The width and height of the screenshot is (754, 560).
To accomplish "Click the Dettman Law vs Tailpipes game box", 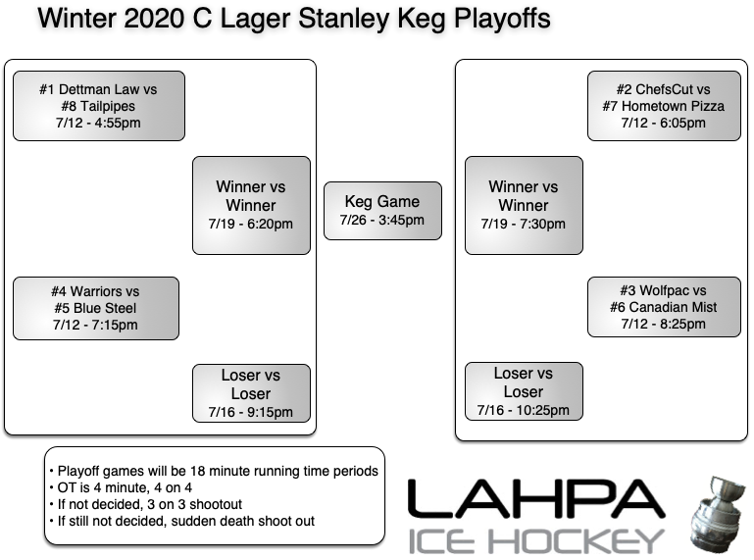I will [98, 106].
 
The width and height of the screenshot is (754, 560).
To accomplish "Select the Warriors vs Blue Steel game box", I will [95, 308].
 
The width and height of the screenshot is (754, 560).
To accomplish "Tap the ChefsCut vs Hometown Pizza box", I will [663, 106].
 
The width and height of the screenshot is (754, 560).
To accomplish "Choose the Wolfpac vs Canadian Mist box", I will [663, 308].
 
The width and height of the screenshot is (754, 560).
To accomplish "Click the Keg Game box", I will [382, 210].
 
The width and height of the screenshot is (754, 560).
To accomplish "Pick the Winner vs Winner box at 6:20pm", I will [251, 205].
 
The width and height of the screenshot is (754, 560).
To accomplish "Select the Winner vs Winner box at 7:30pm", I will [524, 205].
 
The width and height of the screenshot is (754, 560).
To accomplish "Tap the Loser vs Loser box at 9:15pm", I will [251, 392].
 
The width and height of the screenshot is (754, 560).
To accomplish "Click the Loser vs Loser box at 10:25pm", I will [524, 392].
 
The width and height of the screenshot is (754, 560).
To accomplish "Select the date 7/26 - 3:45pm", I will [382, 220].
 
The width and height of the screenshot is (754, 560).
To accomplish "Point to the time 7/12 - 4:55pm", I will [98, 124].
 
